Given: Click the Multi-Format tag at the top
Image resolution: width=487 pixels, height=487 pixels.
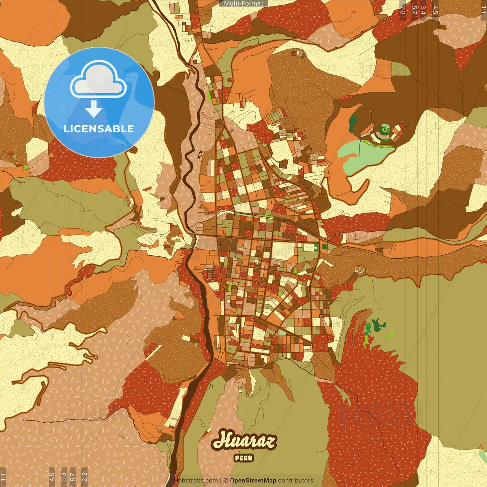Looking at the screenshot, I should click(243, 3).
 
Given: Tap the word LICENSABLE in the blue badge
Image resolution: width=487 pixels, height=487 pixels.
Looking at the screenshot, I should click(99, 129).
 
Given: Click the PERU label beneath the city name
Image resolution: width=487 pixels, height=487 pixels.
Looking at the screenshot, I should click(244, 458).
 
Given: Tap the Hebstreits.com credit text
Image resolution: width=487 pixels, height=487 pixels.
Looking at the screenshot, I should click(196, 481).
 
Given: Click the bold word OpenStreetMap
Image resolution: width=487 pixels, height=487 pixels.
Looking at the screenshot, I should click(253, 481).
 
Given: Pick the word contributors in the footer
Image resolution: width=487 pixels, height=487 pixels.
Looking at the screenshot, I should click(296, 481).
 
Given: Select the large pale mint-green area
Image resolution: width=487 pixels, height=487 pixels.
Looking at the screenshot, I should click(365, 154).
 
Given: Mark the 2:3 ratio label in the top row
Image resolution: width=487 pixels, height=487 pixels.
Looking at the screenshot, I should click(403, 10).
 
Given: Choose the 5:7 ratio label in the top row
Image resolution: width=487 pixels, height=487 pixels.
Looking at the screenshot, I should click(414, 10).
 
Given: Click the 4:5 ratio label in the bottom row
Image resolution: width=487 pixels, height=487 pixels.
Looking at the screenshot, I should click(52, 477).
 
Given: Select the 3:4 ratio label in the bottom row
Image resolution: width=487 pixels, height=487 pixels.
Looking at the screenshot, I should click(64, 477).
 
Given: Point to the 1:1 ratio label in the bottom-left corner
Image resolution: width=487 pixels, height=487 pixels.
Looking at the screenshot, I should click(3, 477).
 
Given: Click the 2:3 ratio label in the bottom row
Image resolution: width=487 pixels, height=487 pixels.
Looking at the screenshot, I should click(84, 477).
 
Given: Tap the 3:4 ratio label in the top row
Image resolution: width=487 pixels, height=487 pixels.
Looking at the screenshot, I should click(423, 10).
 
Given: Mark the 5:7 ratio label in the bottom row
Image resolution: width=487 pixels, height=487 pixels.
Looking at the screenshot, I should click(73, 477).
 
